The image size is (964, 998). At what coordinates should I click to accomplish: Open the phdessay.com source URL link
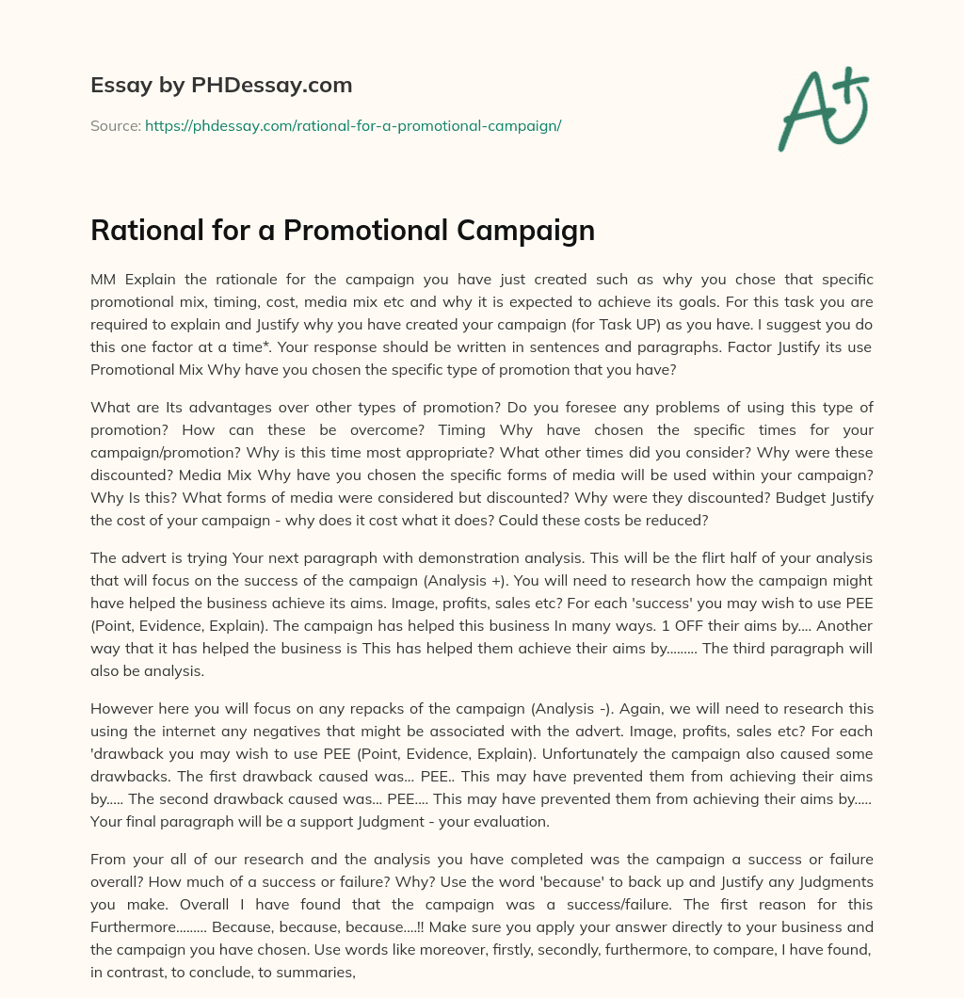[x=353, y=125]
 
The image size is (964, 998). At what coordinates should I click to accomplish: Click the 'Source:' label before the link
[x=115, y=125]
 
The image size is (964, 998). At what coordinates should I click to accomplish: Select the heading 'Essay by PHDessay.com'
[x=221, y=86]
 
